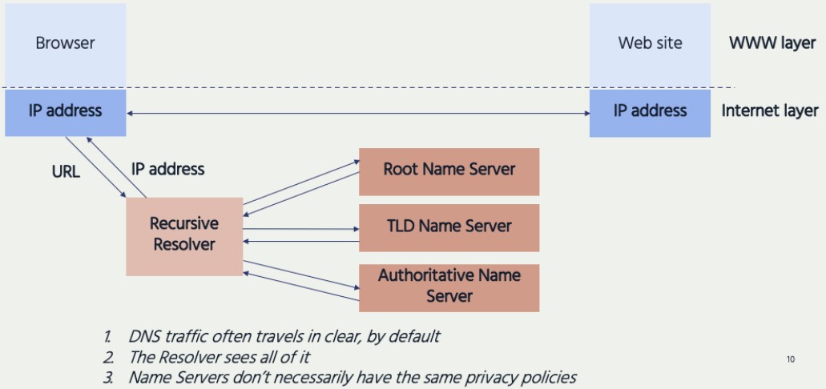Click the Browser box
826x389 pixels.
coord(65,43)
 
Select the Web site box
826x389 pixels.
coord(650,43)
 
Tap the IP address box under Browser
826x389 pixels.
coord(65,111)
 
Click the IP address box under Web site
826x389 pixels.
coord(650,111)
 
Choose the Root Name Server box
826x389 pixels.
coord(449,170)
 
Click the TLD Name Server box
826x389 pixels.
coord(449,227)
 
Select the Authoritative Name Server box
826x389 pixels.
coord(449,286)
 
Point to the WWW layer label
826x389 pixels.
coord(772,43)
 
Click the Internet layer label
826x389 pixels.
coord(770,111)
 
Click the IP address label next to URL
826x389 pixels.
coord(167,170)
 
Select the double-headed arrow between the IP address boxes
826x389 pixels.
coord(357,114)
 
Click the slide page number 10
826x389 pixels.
coord(791,359)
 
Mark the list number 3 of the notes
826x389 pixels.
coord(107,377)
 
